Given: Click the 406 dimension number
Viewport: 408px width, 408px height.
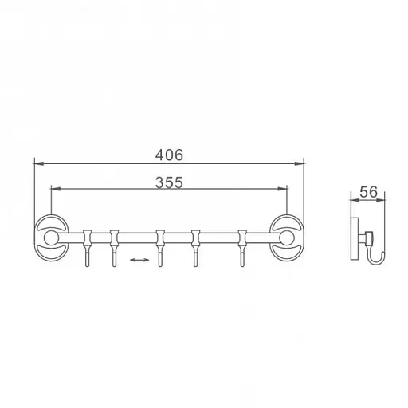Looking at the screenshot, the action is [x=169, y=155].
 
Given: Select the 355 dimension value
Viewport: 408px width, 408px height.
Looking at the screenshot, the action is [x=169, y=182].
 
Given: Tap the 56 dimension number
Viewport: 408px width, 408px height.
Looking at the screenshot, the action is [x=368, y=192].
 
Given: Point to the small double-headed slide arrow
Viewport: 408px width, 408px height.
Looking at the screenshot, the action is [x=139, y=260].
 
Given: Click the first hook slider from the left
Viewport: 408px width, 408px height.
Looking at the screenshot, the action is [x=87, y=248].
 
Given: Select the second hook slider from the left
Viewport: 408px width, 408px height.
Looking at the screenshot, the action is [x=115, y=248].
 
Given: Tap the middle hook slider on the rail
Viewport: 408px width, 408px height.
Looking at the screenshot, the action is [x=160, y=248].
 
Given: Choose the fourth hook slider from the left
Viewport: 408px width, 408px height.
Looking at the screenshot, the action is [x=196, y=248].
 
